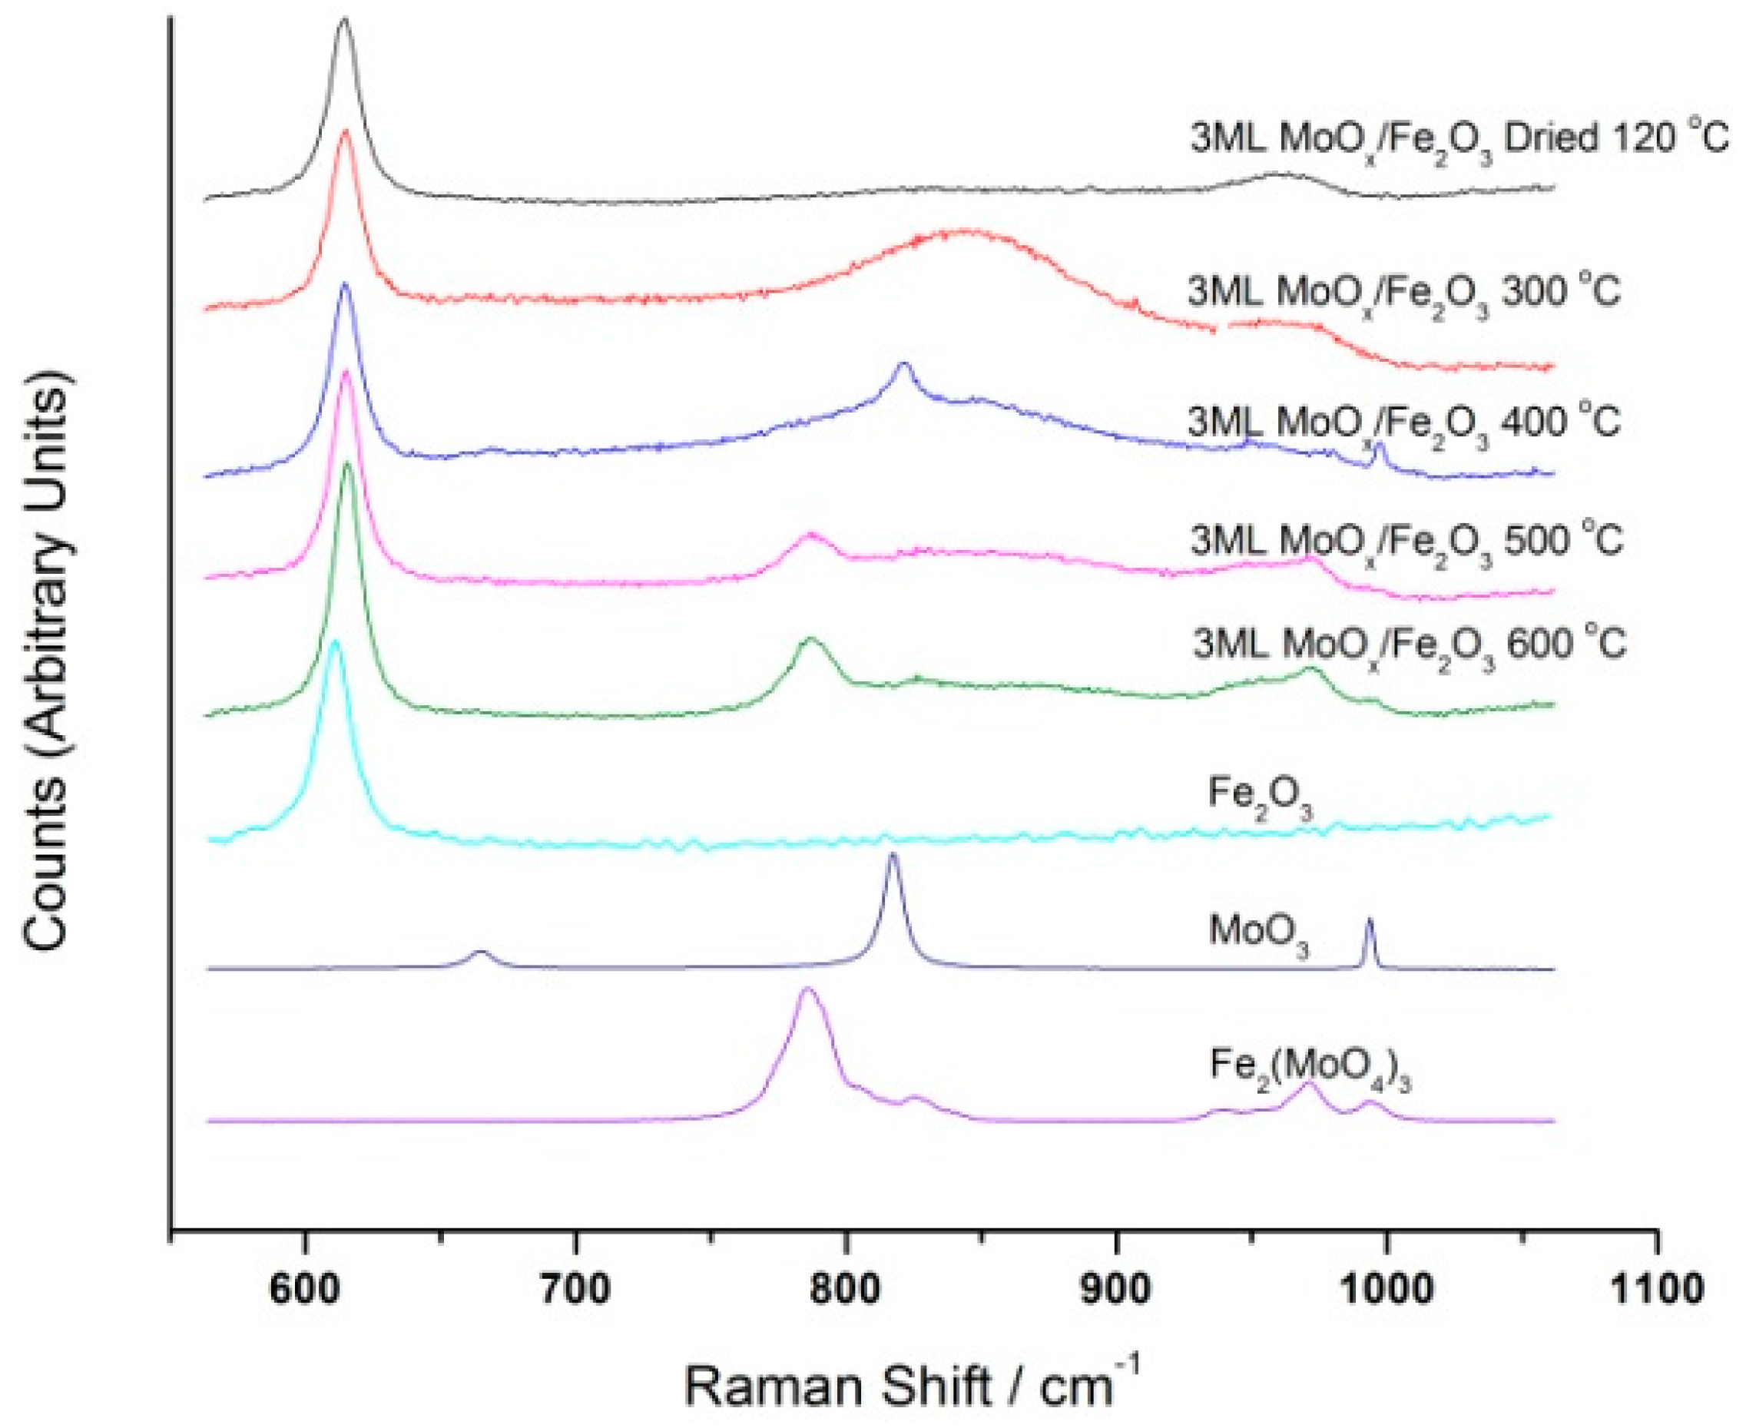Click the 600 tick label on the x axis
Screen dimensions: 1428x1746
click(x=305, y=1291)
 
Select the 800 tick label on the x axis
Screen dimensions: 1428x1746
click(x=846, y=1291)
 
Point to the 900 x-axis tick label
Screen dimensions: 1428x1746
click(x=1117, y=1291)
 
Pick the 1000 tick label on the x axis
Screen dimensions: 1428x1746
click(x=1387, y=1291)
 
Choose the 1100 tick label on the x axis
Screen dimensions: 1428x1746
click(x=1656, y=1291)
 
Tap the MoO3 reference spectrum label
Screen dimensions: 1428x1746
click(x=1258, y=933)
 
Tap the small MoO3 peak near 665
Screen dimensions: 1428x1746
click(x=482, y=953)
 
